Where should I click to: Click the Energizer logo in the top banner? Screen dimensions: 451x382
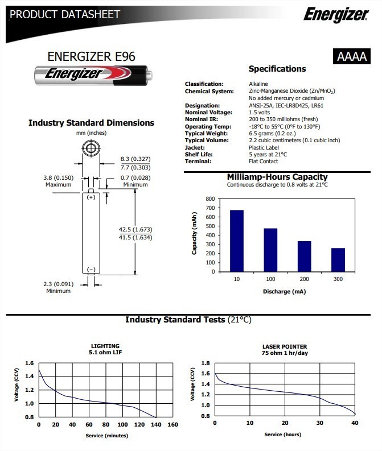[335, 14]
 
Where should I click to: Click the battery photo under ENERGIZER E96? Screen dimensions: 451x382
[92, 74]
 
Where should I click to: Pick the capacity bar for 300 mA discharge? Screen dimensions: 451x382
[338, 259]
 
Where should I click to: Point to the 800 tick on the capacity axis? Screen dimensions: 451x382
[210, 199]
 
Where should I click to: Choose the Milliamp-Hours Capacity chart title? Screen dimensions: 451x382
[277, 177]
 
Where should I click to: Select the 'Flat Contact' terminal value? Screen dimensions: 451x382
[264, 161]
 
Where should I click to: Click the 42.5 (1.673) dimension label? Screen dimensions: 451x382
[135, 229]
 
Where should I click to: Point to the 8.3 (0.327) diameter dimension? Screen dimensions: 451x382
[135, 159]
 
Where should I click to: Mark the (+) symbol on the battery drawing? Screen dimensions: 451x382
[91, 197]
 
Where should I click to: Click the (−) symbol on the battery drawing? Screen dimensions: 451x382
[91, 268]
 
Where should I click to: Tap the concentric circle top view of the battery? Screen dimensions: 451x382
[91, 150]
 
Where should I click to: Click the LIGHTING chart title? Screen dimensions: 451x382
[105, 346]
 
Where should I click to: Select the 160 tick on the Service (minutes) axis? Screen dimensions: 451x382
[172, 425]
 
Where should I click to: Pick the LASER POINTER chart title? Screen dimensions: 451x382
[284, 346]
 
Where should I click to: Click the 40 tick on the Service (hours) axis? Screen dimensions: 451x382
[355, 423]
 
